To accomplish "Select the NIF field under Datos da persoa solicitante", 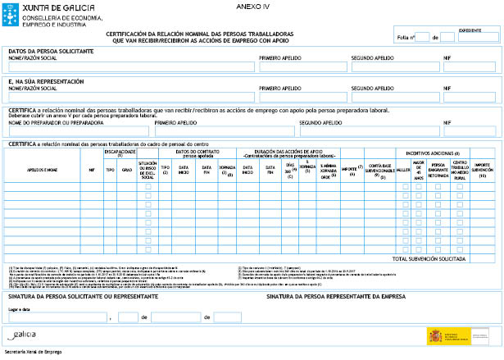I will pyautogui.click(x=470, y=66).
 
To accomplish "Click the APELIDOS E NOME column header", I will pyautogui.click(x=41, y=169).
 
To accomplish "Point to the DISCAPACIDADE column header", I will pyautogui.click(x=119, y=152).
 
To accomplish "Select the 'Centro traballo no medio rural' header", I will pyautogui.click(x=460, y=168).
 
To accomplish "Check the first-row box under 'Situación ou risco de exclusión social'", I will pyautogui.click(x=148, y=187).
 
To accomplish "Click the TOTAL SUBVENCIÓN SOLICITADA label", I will pyautogui.click(x=425, y=258).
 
